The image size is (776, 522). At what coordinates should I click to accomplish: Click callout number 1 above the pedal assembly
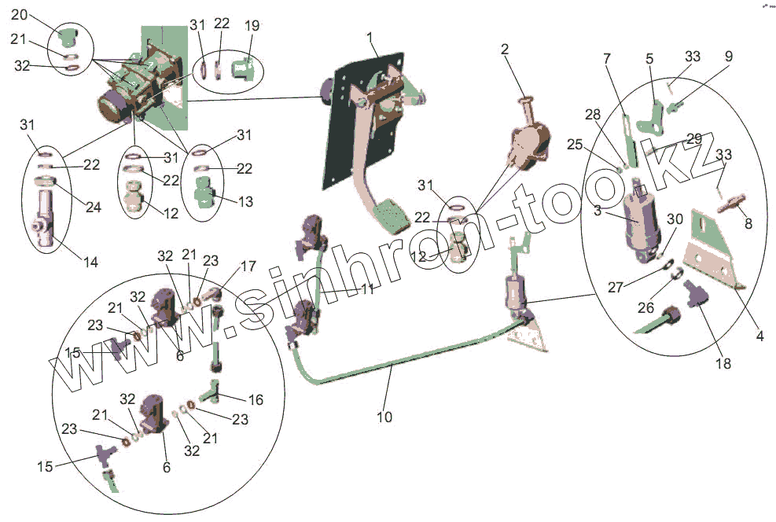pos(370,37)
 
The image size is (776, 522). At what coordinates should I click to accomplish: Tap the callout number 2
pos(505,49)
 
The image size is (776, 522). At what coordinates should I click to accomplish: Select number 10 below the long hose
pos(384,417)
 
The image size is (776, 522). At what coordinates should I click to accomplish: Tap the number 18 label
pos(723,364)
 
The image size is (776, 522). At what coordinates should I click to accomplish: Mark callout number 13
pos(245,202)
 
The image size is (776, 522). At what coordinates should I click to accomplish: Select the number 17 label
pos(248,267)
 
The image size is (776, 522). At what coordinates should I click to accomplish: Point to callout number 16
pos(256,400)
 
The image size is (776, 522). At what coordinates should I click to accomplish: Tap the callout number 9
pos(728,57)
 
